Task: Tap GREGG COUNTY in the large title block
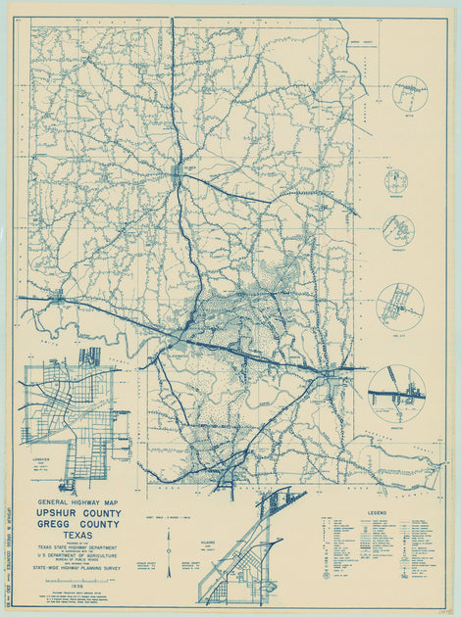click(x=78, y=524)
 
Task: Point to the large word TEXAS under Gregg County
click(x=78, y=535)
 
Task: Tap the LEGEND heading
click(x=377, y=512)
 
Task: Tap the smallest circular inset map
click(x=397, y=180)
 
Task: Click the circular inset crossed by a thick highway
click(x=396, y=390)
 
